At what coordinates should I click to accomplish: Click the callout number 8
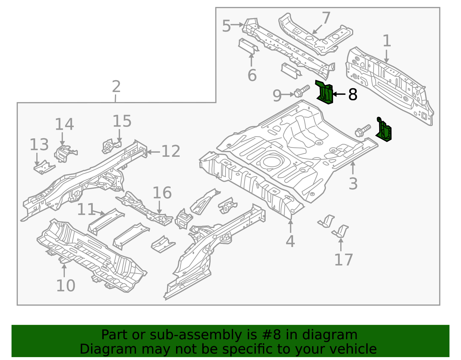click(x=353, y=95)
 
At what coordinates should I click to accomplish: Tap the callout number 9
click(x=277, y=96)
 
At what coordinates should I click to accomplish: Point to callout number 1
click(x=387, y=41)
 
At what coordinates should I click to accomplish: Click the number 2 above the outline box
click(x=116, y=86)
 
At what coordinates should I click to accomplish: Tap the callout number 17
click(x=343, y=260)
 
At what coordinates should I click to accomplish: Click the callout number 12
click(x=171, y=151)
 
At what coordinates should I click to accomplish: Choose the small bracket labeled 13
click(x=44, y=168)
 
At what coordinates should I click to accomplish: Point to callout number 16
click(x=162, y=193)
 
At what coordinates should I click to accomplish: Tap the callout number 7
click(x=326, y=18)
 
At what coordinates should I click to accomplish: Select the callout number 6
click(x=252, y=76)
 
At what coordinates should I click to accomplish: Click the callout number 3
click(x=353, y=184)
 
